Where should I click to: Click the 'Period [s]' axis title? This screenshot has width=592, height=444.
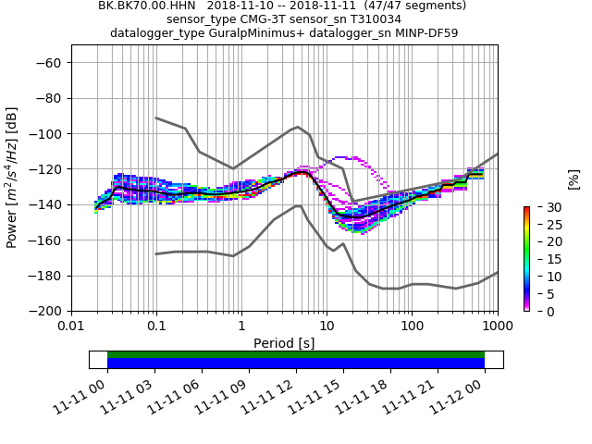pos(284,343)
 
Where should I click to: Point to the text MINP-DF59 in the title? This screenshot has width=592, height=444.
pos(425,32)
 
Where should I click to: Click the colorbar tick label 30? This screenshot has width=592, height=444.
pos(541,206)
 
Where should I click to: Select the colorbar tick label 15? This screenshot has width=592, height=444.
pos(541,259)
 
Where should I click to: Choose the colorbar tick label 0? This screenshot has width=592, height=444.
pos(537,312)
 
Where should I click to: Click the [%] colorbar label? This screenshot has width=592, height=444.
pos(573,179)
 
